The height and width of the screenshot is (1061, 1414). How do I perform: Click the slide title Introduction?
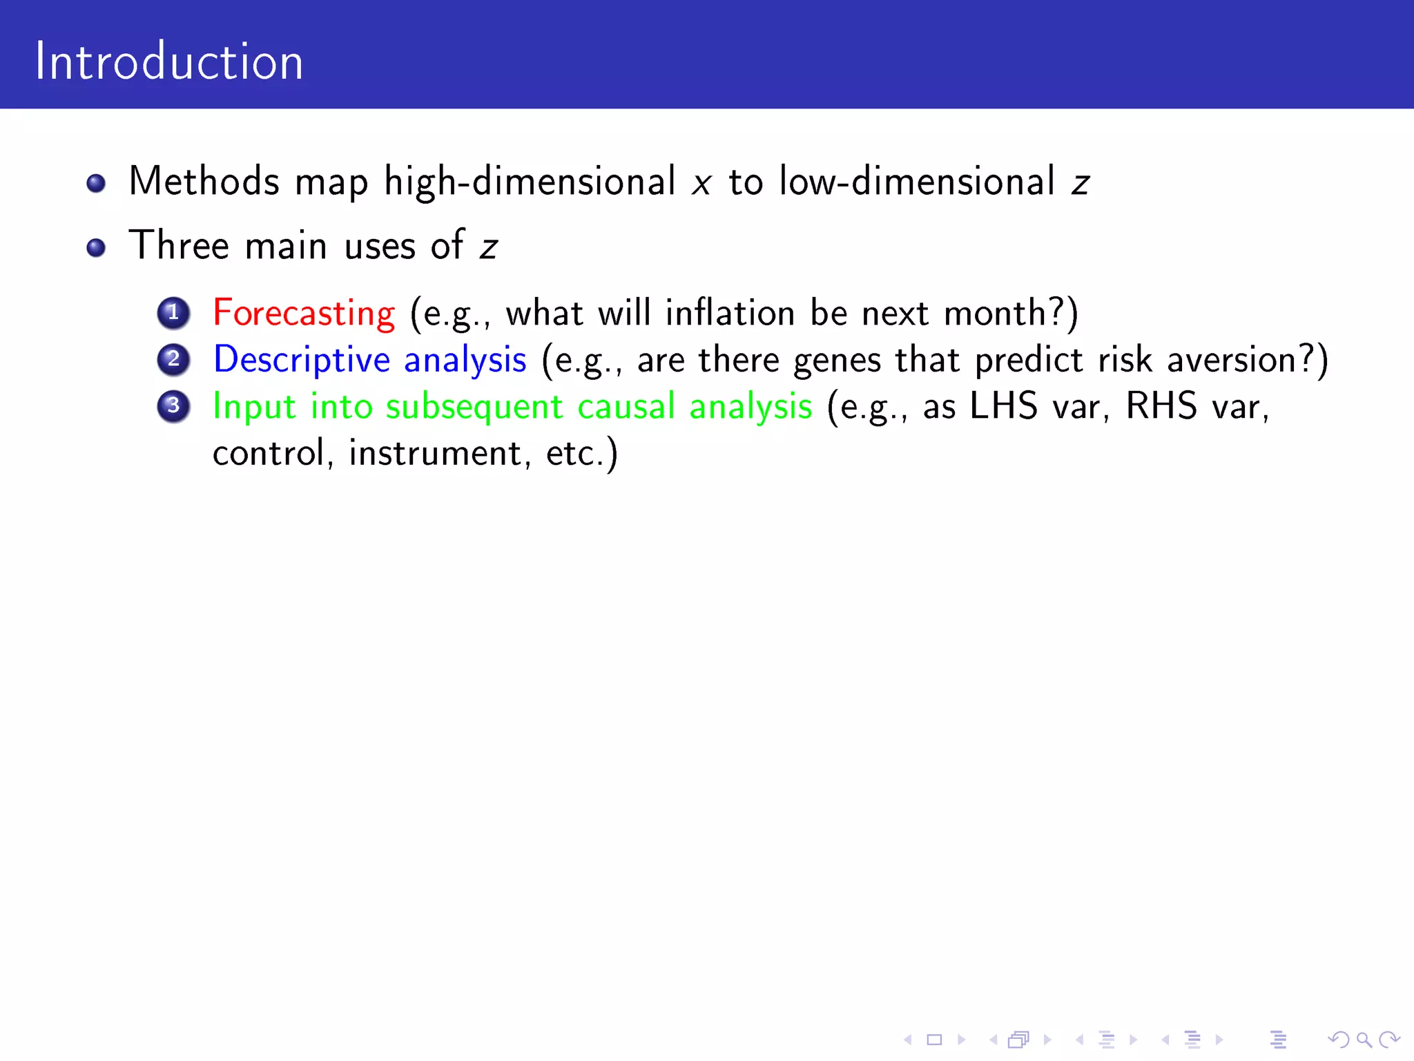pyautogui.click(x=169, y=62)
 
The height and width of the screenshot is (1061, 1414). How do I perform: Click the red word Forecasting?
pyautogui.click(x=304, y=314)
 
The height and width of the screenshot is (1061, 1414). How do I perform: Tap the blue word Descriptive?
pyautogui.click(x=302, y=360)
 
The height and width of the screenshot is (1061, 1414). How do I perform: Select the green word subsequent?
pyautogui.click(x=474, y=407)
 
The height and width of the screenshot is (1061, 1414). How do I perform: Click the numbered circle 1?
pyautogui.click(x=173, y=313)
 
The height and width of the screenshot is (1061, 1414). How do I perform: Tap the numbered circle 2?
pyautogui.click(x=173, y=359)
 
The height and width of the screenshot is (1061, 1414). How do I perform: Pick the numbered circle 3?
pyautogui.click(x=173, y=405)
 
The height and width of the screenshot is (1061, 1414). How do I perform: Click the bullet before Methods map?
pyautogui.click(x=96, y=183)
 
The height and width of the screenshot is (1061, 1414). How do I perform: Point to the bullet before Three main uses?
pyautogui.click(x=96, y=247)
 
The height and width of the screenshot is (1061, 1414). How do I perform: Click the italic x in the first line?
pyautogui.click(x=701, y=184)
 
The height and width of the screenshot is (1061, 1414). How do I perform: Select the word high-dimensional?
pyautogui.click(x=530, y=182)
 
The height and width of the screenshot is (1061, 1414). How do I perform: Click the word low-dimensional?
pyautogui.click(x=917, y=182)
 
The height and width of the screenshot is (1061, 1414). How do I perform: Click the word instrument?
pyautogui.click(x=435, y=454)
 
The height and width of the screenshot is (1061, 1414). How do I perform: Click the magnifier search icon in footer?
pyautogui.click(x=1364, y=1039)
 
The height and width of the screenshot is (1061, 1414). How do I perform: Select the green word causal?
pyautogui.click(x=626, y=406)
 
